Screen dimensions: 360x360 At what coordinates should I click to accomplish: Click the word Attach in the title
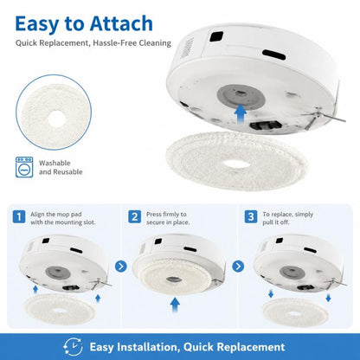click(x=121, y=23)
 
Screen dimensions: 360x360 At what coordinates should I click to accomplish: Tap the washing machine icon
click(x=24, y=167)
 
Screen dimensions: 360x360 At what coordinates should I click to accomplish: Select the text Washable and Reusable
click(x=61, y=167)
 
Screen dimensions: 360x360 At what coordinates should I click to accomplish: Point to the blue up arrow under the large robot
click(x=241, y=114)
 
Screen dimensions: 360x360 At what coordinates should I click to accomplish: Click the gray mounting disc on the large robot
click(x=241, y=96)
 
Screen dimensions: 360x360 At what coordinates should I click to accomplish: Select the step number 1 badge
click(x=19, y=217)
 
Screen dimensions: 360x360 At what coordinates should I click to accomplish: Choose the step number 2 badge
click(x=135, y=217)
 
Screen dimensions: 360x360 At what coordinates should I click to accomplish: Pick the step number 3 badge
click(x=251, y=217)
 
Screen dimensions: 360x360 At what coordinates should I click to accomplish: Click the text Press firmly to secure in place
click(x=168, y=218)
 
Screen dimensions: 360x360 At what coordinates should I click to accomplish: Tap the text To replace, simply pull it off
click(x=287, y=218)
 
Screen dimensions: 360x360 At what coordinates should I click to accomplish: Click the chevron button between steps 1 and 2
click(x=121, y=267)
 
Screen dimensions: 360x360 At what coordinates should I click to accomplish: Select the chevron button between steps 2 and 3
click(x=238, y=267)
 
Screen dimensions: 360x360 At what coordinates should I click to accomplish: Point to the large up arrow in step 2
click(x=175, y=305)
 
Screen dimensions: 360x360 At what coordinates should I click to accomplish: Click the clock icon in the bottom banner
click(x=73, y=347)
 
